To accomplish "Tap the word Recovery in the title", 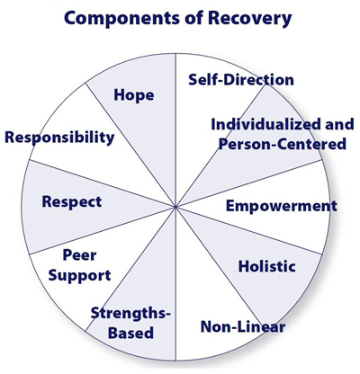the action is pyautogui.click(x=250, y=18).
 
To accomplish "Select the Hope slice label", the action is pyautogui.click(x=134, y=96).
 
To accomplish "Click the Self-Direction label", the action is pyautogui.click(x=241, y=80).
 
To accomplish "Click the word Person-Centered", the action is pyautogui.click(x=283, y=144).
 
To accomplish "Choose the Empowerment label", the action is pyautogui.click(x=282, y=206).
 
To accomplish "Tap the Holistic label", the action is pyautogui.click(x=267, y=266).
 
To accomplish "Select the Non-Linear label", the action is pyautogui.click(x=243, y=326).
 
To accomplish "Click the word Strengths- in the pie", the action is pyautogui.click(x=130, y=314).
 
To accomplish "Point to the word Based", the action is pyautogui.click(x=130, y=333).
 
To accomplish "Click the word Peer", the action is pyautogui.click(x=79, y=255).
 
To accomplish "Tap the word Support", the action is pyautogui.click(x=79, y=276).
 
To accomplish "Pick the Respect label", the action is pyautogui.click(x=72, y=201).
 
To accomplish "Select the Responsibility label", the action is pyautogui.click(x=59, y=138).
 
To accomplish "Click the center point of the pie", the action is pyautogui.click(x=175, y=207).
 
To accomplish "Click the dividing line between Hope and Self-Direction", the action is pyautogui.click(x=175, y=130).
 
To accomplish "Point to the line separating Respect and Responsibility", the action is pyautogui.click(x=102, y=183).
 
